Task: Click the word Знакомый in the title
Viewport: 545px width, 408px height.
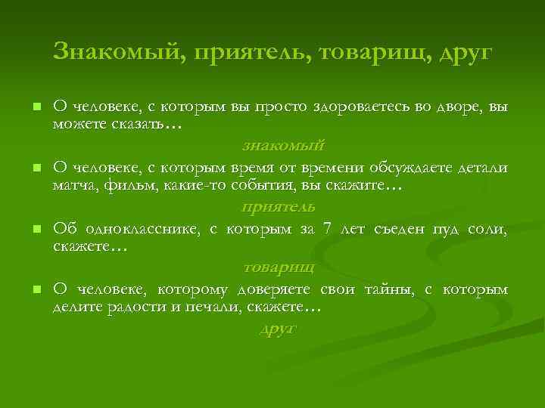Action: [114, 52]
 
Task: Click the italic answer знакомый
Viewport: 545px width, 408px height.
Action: [284, 144]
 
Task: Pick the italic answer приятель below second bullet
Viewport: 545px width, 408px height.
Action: [278, 206]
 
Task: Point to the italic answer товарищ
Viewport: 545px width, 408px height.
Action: [279, 267]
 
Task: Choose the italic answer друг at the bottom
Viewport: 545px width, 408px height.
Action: [278, 329]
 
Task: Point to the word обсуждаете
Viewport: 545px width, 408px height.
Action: [405, 167]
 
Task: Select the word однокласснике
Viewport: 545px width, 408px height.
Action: [141, 229]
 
